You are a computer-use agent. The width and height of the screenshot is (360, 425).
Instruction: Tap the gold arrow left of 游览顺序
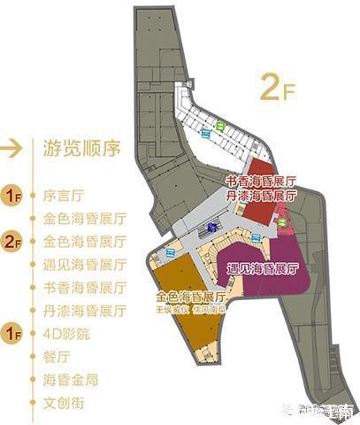(13, 148)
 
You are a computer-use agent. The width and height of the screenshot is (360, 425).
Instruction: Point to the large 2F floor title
(276, 89)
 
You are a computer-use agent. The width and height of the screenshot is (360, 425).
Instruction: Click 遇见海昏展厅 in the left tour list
(79, 265)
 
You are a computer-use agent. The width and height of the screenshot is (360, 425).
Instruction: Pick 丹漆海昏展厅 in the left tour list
(79, 311)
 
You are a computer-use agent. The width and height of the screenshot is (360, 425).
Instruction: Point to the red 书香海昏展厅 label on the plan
(262, 180)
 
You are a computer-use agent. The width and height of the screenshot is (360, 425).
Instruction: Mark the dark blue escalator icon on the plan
(212, 228)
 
